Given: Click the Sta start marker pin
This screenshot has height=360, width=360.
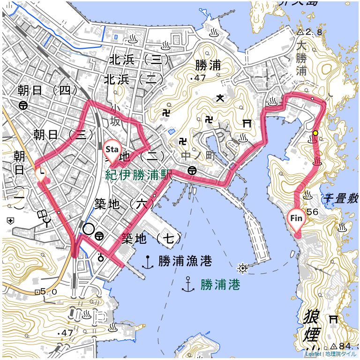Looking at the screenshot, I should pyautogui.click(x=111, y=150).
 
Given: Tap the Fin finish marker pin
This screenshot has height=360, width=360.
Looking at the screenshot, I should pyautogui.click(x=296, y=219).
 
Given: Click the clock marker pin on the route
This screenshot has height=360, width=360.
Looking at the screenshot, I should pyautogui.click(x=42, y=174).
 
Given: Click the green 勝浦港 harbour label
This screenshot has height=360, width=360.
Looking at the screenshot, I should pyautogui.click(x=220, y=284).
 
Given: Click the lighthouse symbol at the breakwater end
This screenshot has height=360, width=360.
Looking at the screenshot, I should pyautogui.click(x=242, y=268).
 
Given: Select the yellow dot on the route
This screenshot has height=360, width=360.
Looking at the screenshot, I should pyautogui.click(x=315, y=133).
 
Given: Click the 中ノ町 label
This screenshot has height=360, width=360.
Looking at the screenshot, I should pyautogui.click(x=200, y=155).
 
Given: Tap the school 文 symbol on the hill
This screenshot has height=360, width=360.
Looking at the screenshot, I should pyautogui.click(x=219, y=98).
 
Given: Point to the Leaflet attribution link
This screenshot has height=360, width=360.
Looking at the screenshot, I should pyautogui.click(x=313, y=354).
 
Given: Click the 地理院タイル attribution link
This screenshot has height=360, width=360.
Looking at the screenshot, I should pyautogui.click(x=341, y=354).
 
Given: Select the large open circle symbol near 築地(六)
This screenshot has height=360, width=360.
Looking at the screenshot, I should pyautogui.click(x=88, y=229).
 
